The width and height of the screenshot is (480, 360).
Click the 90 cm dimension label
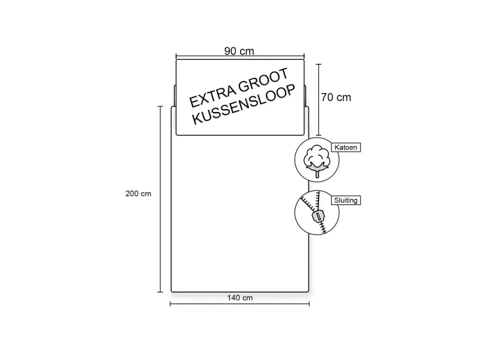pyautogui.click(x=239, y=52)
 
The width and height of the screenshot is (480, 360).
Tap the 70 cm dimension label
pyautogui.click(x=336, y=97)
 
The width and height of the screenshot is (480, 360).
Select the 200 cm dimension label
pyautogui.click(x=139, y=194)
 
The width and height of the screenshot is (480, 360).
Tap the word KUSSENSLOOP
pyautogui.click(x=245, y=105)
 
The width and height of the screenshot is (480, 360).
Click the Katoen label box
pyautogui.click(x=346, y=147)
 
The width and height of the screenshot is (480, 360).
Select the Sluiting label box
pyautogui.click(x=346, y=201)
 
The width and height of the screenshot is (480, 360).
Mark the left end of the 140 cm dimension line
pyautogui.click(x=170, y=305)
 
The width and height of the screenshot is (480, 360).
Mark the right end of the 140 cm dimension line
pyautogui.click(x=309, y=305)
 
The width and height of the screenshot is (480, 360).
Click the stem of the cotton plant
pyautogui.click(x=317, y=173)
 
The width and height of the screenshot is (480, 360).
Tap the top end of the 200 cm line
pyautogui.click(x=160, y=107)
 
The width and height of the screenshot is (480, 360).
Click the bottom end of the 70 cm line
pyautogui.click(x=319, y=135)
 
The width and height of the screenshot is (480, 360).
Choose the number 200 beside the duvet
pyautogui.click(x=133, y=194)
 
